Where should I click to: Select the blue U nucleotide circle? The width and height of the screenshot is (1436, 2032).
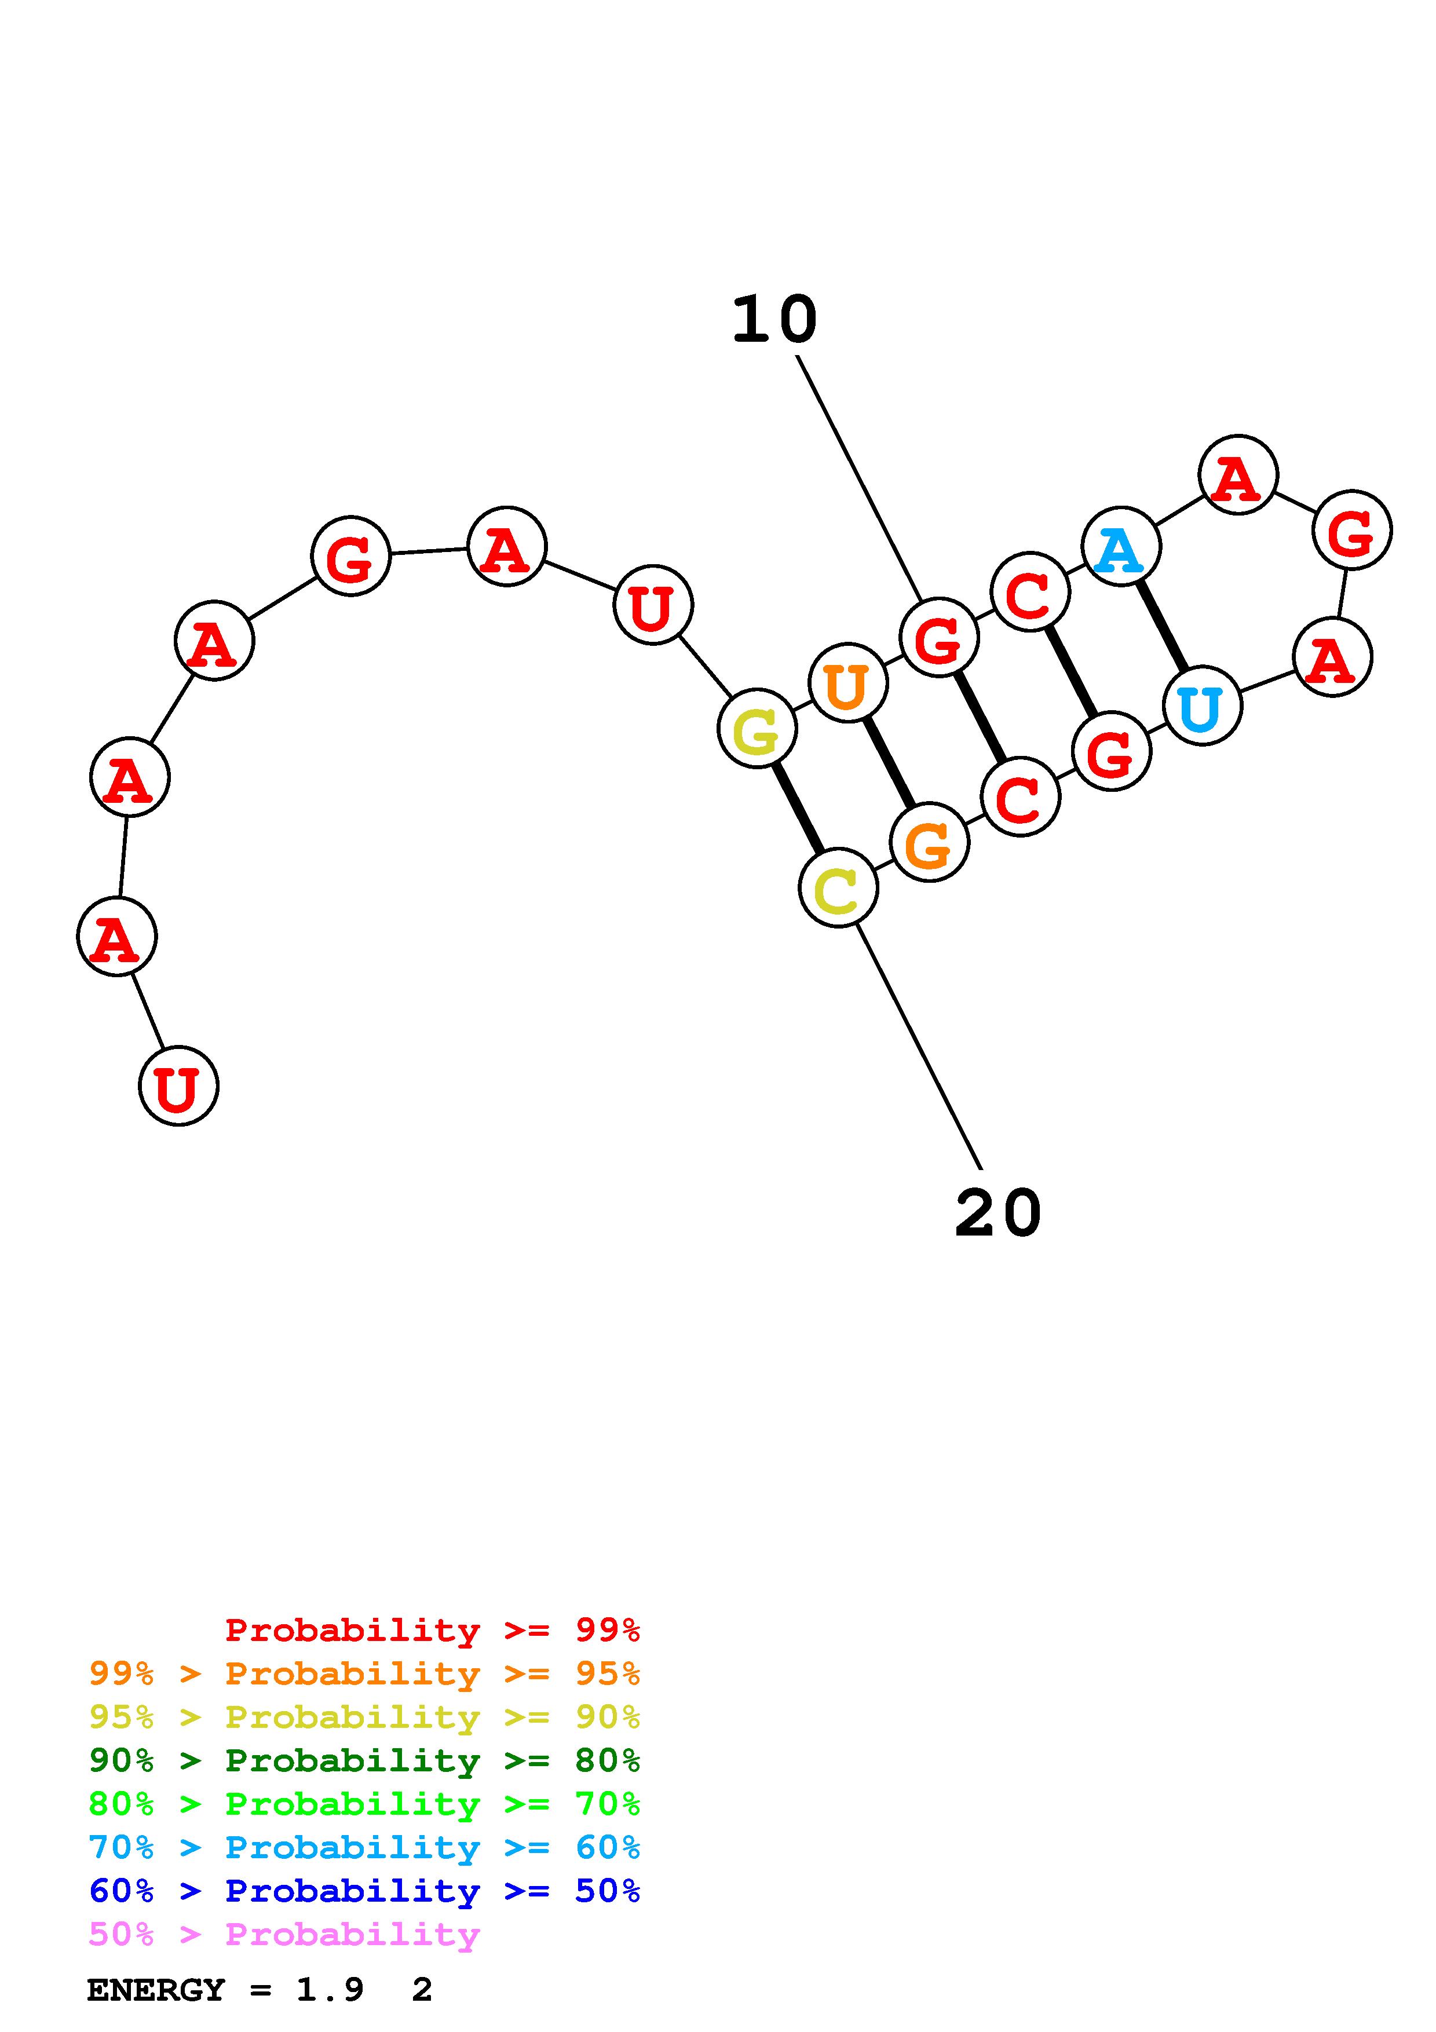pos(1201,706)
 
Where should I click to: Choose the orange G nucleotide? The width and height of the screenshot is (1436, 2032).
pos(929,843)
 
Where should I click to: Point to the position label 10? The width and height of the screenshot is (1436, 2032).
pos(774,320)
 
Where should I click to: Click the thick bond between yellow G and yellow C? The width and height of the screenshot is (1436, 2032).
pos(797,808)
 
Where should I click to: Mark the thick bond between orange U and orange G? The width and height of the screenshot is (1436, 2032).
pos(889,762)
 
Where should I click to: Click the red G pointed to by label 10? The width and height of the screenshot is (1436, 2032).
pos(939,637)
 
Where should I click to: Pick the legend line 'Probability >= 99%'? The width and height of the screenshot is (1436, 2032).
pos(432,1630)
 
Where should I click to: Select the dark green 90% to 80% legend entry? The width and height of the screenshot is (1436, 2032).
pos(364,1760)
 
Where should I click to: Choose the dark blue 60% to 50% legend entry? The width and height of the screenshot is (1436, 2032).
pos(364,1891)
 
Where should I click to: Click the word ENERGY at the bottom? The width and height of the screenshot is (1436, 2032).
pos(156,1990)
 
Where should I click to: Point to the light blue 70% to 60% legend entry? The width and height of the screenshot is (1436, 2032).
pos(364,1847)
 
